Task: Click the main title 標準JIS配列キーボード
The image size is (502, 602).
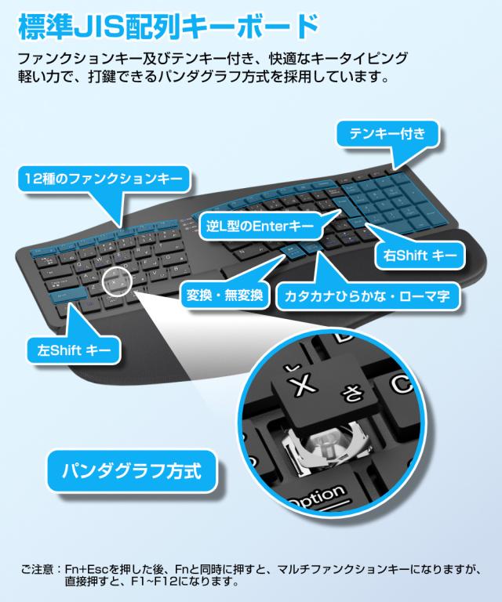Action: point(166,27)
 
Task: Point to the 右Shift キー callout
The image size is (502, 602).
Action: point(419,254)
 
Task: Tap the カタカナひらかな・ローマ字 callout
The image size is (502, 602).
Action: point(369,296)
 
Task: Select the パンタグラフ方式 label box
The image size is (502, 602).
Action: point(131,472)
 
